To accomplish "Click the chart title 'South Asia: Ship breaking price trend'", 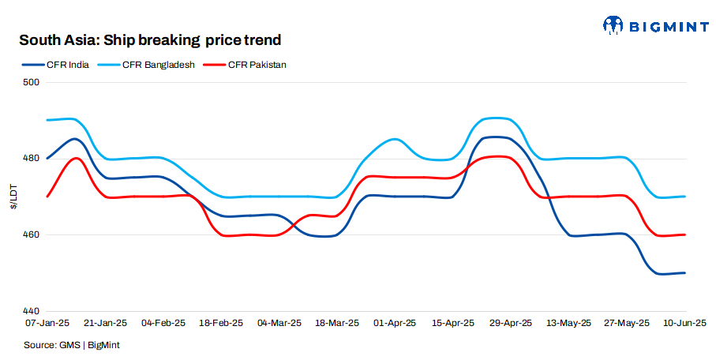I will point(150,39).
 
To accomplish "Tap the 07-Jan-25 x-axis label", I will point(47,323).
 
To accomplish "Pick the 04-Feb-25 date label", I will point(163,323).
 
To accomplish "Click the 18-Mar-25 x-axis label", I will point(337,323).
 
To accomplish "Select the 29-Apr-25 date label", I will point(511,323).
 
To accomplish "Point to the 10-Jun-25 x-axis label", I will point(684,323).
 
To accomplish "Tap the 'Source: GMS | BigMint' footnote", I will point(72,345).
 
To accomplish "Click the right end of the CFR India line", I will point(684,273).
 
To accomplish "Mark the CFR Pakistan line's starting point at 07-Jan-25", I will point(47,197).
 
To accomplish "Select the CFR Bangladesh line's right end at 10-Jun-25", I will point(684,197).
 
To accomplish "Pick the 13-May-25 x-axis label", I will point(568,323).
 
